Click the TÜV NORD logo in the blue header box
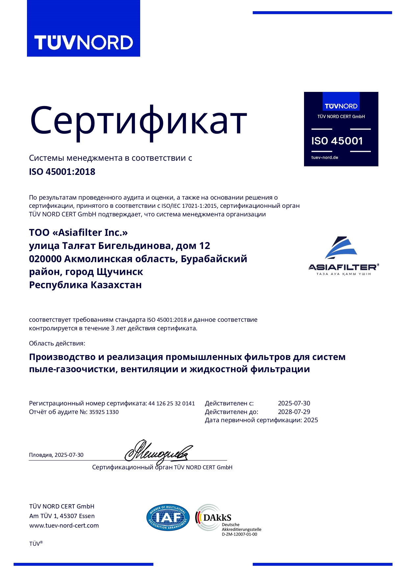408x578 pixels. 83,42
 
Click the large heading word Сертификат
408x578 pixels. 138,121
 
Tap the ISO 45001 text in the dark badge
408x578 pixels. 337,141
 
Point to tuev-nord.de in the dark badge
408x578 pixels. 324,157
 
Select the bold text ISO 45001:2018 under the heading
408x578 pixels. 62,172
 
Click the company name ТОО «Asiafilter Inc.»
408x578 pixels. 78,233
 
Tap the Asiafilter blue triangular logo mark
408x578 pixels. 341,248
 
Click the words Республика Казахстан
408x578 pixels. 85,285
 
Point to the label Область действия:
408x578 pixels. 57,343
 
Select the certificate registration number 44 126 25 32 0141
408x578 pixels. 171,403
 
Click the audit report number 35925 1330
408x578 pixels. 104,412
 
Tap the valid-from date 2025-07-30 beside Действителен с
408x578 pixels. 294,403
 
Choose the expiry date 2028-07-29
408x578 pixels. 294,412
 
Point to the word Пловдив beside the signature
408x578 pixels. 40,455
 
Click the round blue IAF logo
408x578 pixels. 168,517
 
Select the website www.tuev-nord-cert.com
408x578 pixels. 64,525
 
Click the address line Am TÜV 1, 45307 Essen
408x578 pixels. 62,516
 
